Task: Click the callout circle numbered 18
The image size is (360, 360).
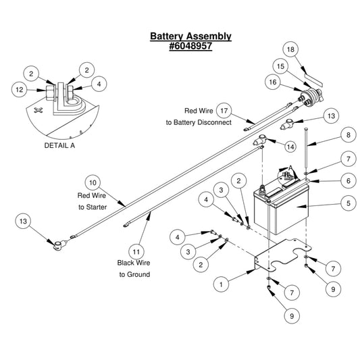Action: (290, 49)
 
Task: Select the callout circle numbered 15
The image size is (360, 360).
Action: (280, 66)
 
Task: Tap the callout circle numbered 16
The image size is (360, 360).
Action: (273, 82)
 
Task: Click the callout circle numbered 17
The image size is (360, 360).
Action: (224, 111)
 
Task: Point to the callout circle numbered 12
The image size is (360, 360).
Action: (20, 90)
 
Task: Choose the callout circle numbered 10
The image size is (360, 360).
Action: (93, 183)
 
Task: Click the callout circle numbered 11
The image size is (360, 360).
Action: (136, 252)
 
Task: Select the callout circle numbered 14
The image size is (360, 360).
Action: (290, 147)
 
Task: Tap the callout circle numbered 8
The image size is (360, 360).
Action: (349, 135)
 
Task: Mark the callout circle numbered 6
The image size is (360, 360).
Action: (349, 181)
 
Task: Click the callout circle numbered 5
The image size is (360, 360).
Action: (349, 203)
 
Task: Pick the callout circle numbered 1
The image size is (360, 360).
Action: (221, 284)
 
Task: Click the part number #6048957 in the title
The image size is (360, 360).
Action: (190, 46)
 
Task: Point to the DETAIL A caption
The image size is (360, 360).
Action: (59, 146)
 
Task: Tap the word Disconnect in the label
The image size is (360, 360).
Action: (214, 122)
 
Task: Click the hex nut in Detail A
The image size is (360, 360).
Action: (50, 93)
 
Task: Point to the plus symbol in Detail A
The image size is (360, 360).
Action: (38, 110)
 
